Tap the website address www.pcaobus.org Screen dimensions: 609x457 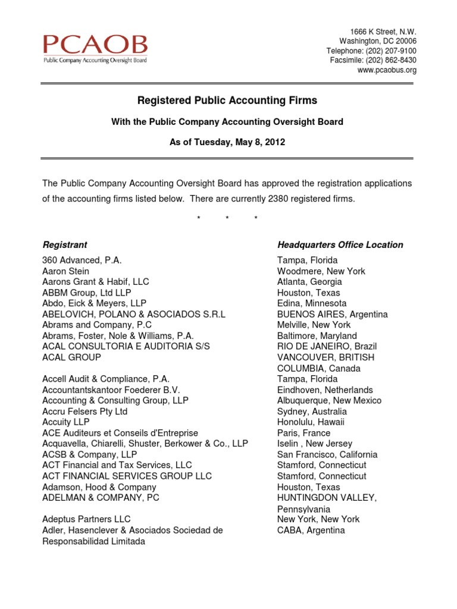(x=387, y=70)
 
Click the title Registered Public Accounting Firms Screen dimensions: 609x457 (x=227, y=101)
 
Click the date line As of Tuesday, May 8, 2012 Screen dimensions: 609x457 (x=227, y=142)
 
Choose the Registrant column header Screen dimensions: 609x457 (x=65, y=244)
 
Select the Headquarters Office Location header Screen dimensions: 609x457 (x=340, y=244)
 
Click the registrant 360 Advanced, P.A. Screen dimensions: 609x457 (x=82, y=260)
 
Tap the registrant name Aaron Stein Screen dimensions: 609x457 (x=65, y=271)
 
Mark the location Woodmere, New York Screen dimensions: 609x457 (x=321, y=271)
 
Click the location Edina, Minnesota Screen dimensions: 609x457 (x=312, y=303)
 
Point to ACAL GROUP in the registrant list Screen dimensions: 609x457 (x=72, y=357)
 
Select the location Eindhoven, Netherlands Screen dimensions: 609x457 (x=325, y=390)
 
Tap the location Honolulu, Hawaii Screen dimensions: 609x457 (x=311, y=422)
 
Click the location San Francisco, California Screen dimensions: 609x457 (x=327, y=454)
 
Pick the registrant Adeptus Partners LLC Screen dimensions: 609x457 (x=86, y=519)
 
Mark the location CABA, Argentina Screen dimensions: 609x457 (x=311, y=530)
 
